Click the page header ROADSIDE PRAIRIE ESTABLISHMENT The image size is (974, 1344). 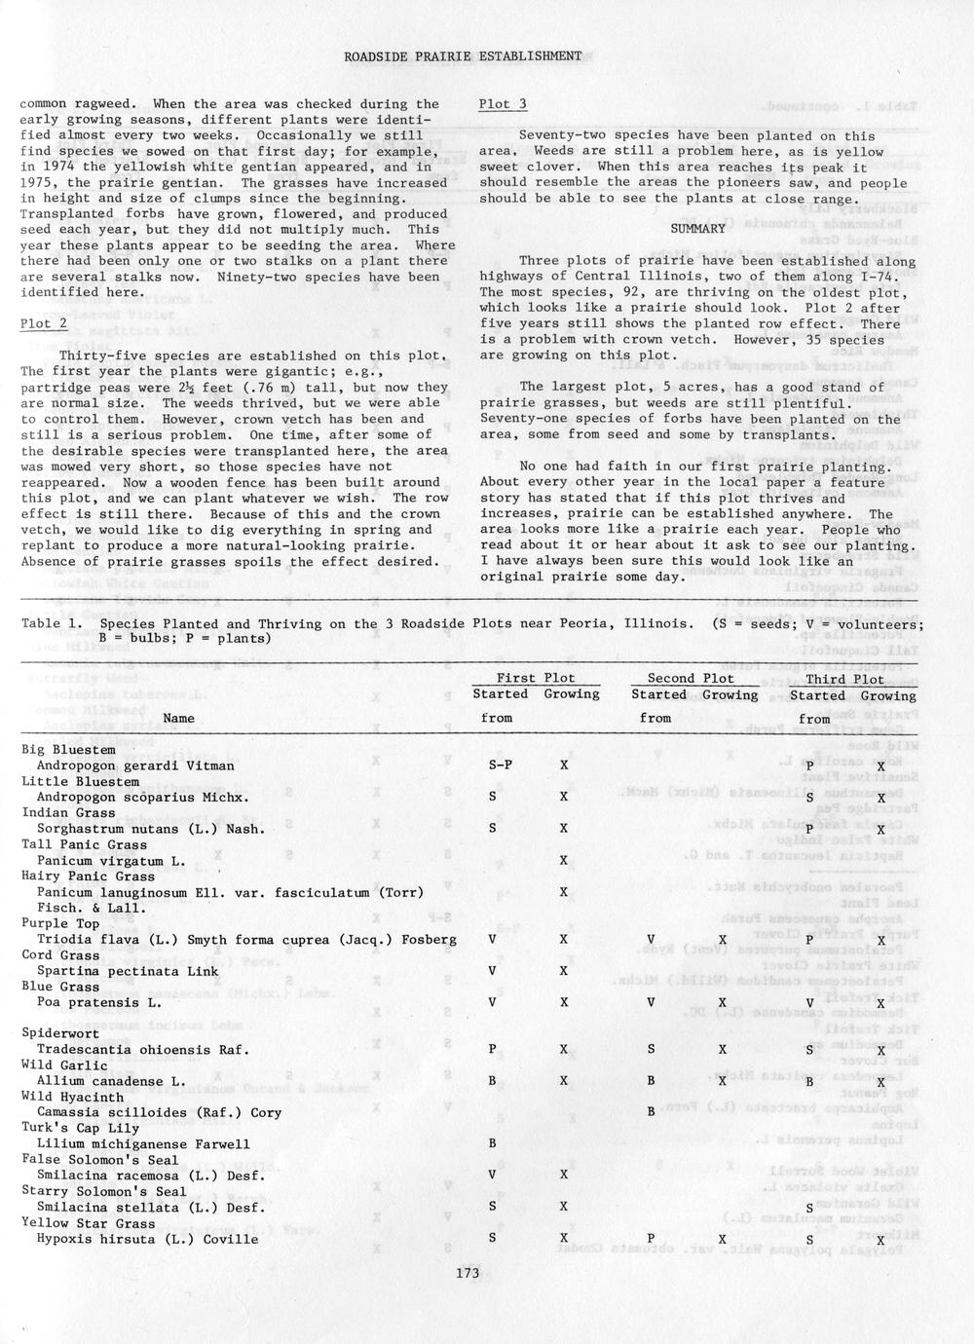coord(463,56)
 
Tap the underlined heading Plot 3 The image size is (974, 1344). coord(503,104)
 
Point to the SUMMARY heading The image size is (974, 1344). coord(697,229)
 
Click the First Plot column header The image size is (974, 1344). coord(536,678)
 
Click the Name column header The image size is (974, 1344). coord(178,719)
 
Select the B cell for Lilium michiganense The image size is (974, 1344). coord(492,1144)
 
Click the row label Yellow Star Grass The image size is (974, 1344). coord(89,1223)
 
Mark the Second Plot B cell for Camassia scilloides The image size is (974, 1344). coord(651,1111)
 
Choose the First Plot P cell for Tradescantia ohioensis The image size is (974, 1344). coord(492,1050)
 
